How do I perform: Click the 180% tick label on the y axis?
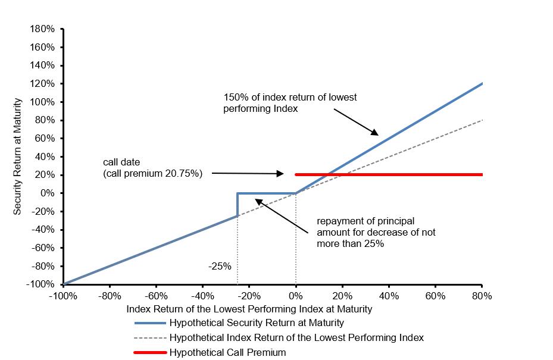tap(43, 29)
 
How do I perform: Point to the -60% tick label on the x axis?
tap(156, 296)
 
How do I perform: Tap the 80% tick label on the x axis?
tap(482, 296)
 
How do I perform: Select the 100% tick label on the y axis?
tap(43, 102)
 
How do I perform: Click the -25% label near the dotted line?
tap(220, 266)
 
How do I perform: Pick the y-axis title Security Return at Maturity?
tap(17, 156)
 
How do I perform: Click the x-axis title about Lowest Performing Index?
tap(249, 309)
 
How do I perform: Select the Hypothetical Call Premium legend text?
tap(227, 352)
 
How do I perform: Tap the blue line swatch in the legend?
tap(150, 323)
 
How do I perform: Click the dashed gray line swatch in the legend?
tap(150, 338)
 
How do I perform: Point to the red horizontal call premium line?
tap(389, 174)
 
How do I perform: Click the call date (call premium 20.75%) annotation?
tap(153, 168)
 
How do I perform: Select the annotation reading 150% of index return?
tap(290, 102)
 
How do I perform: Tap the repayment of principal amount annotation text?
tap(376, 232)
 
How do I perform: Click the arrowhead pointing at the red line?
tap(280, 174)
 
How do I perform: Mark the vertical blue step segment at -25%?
tap(238, 205)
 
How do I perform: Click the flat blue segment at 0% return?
tap(266, 193)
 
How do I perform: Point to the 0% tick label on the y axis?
tap(48, 193)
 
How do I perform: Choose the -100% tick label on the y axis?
tap(40, 284)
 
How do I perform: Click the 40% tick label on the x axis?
tap(389, 296)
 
